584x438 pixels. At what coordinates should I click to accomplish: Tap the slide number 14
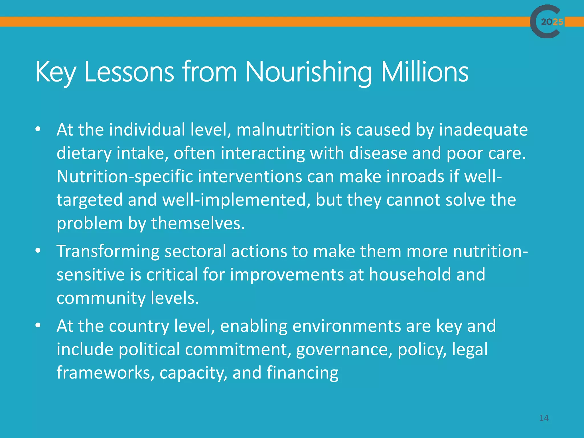(544, 418)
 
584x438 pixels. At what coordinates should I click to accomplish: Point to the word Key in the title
(55, 73)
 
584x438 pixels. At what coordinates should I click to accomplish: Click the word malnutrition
(285, 130)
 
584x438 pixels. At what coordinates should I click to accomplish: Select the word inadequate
(483, 130)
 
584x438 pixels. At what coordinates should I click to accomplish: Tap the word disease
(378, 153)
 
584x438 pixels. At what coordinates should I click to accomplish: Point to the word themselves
(198, 223)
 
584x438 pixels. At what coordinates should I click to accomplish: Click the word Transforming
(108, 252)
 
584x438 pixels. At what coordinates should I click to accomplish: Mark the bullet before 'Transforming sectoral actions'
(38, 251)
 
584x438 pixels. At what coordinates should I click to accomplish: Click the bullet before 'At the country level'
(38, 325)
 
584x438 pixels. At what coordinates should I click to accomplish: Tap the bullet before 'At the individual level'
(38, 129)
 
